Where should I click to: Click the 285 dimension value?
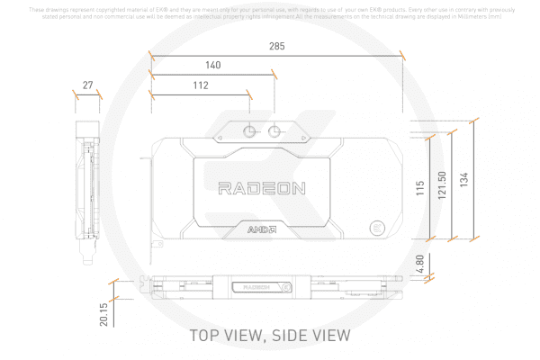coord(276,45)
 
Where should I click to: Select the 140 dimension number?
coord(212,65)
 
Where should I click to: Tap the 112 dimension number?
coord(200,85)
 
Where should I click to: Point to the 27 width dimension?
coord(87,85)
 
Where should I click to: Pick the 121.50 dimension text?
coord(441,187)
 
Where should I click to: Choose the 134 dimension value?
coord(463,180)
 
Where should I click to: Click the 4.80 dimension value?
coord(419,263)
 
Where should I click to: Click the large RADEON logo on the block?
coord(262,188)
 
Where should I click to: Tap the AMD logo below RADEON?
coord(262,228)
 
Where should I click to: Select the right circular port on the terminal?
coord(275,131)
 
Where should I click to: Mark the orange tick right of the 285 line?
coord(401,56)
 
